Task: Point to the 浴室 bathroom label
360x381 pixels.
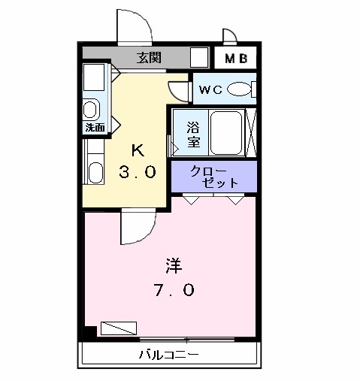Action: (193, 134)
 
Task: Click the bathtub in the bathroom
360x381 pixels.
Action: (225, 132)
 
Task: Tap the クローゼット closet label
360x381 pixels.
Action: (215, 177)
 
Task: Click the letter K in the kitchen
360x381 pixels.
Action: (138, 149)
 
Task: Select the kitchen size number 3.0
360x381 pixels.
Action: (138, 172)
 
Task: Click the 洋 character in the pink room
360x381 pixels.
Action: (174, 265)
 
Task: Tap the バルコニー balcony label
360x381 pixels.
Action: (168, 354)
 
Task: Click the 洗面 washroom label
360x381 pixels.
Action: (95, 128)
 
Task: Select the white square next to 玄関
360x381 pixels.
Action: (199, 58)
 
